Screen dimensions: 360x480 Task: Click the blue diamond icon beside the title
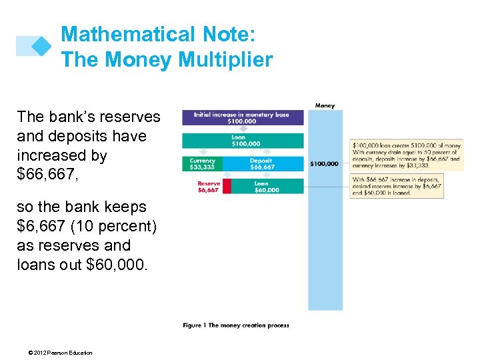click(x=41, y=46)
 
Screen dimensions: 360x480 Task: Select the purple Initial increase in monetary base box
click(x=243, y=118)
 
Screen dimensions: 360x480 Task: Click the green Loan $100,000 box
click(x=243, y=141)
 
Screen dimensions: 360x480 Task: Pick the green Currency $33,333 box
click(x=202, y=164)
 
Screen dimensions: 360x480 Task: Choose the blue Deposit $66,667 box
click(x=262, y=164)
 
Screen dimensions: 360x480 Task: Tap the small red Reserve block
click(x=227, y=187)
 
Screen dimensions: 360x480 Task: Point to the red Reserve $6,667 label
click(x=207, y=187)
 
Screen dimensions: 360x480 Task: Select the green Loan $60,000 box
click(x=267, y=187)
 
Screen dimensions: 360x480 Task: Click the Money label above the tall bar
click(x=325, y=105)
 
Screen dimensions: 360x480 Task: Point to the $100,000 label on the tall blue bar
click(x=325, y=163)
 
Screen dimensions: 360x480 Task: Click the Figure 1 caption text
click(x=236, y=325)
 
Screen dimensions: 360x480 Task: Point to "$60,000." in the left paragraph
click(x=115, y=264)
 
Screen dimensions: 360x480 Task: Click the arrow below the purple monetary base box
click(x=243, y=129)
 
